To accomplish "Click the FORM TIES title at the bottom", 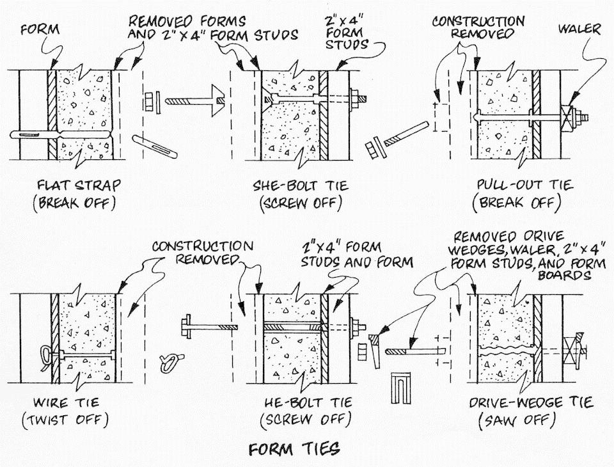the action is pyautogui.click(x=294, y=448).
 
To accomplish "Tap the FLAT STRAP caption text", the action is pyautogui.click(x=78, y=185).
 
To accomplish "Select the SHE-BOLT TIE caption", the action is pyautogui.click(x=301, y=185).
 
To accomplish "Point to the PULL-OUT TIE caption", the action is pyautogui.click(x=524, y=185).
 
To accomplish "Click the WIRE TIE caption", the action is pyautogui.click(x=66, y=403).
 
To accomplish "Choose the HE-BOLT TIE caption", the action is pyautogui.click(x=308, y=403).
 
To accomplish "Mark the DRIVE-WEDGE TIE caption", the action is pyautogui.click(x=531, y=403).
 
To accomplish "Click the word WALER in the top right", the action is pyautogui.click(x=579, y=29).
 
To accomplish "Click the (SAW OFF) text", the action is pyautogui.click(x=517, y=421).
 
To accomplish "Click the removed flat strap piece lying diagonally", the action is pyautogui.click(x=155, y=146).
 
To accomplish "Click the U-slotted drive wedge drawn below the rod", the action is pyautogui.click(x=402, y=388).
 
